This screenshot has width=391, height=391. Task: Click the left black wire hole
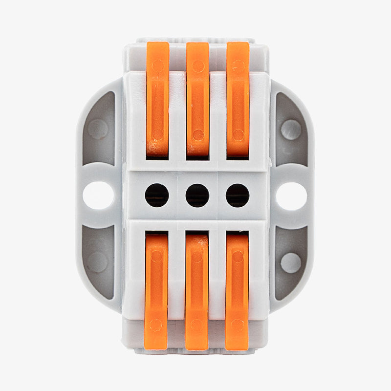(x=157, y=195)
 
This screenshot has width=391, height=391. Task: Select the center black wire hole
(x=197, y=195)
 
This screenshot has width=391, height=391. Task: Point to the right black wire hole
(x=238, y=195)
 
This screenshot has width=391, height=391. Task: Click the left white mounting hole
(x=98, y=196)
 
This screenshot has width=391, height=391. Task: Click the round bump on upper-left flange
(x=98, y=130)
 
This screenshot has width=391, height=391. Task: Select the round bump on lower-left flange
(x=98, y=262)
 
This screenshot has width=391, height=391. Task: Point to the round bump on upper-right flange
(x=291, y=130)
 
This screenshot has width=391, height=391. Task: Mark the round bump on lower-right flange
(x=291, y=262)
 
